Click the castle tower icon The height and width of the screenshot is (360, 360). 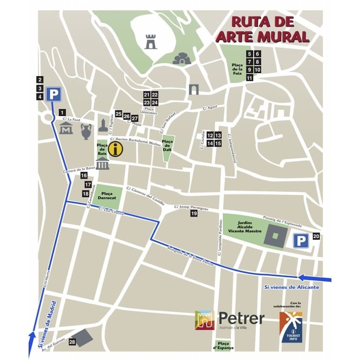(x=151, y=42)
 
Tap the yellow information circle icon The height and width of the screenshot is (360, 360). (x=115, y=148)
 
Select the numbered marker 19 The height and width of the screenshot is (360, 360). (x=194, y=214)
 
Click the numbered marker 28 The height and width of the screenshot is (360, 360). (x=72, y=342)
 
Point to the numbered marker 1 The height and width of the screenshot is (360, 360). (x=62, y=112)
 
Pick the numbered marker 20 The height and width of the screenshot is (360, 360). (x=316, y=236)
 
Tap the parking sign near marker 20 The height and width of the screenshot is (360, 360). (x=301, y=241)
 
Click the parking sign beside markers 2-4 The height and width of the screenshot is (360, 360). (x=53, y=94)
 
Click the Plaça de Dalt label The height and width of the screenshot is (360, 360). (x=168, y=143)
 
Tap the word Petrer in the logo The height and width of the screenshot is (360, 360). (x=241, y=318)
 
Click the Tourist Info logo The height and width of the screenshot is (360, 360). (x=291, y=326)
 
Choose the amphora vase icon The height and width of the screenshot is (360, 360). (x=86, y=131)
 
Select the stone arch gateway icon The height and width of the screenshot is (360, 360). (x=193, y=89)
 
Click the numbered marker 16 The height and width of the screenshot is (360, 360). (x=84, y=175)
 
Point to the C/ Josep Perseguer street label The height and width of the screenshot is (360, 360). (x=191, y=207)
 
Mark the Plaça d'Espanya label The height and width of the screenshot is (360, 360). (x=222, y=345)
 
